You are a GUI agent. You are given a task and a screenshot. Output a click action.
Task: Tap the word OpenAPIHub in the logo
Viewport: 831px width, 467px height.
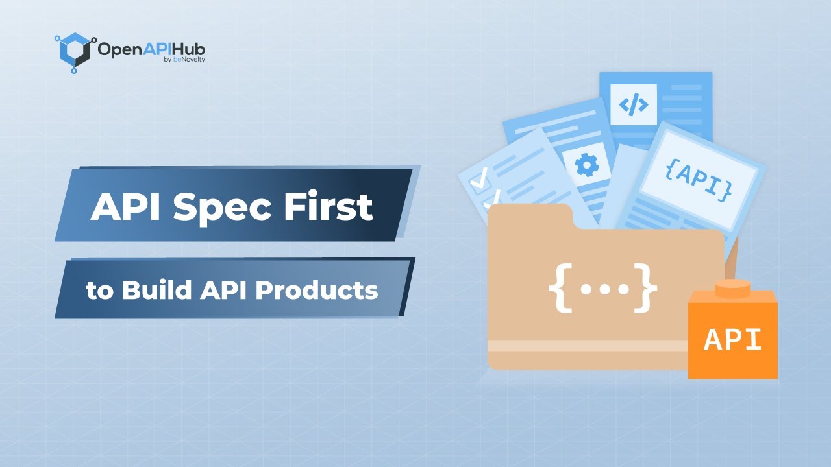point(151,49)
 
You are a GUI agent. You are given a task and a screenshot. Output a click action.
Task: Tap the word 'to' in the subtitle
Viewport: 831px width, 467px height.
point(99,291)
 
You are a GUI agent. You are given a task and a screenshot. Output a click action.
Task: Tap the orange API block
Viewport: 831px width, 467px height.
point(733,339)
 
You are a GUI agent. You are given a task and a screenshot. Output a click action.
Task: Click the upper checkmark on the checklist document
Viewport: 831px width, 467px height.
point(480,182)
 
